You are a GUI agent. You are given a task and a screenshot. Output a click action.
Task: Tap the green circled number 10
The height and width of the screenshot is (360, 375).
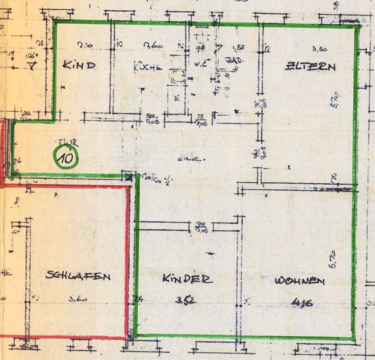click(66, 158)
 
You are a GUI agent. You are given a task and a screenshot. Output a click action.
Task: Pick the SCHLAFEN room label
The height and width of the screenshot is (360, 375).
click(78, 276)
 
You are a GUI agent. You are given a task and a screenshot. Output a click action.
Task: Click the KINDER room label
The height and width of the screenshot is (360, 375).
click(187, 279)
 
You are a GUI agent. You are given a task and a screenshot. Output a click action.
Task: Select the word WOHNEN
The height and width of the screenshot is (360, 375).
click(300, 281)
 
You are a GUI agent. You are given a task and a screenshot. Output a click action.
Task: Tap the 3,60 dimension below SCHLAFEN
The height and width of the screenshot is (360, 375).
click(78, 300)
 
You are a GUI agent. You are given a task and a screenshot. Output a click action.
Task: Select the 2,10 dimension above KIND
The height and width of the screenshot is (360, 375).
click(85, 46)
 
